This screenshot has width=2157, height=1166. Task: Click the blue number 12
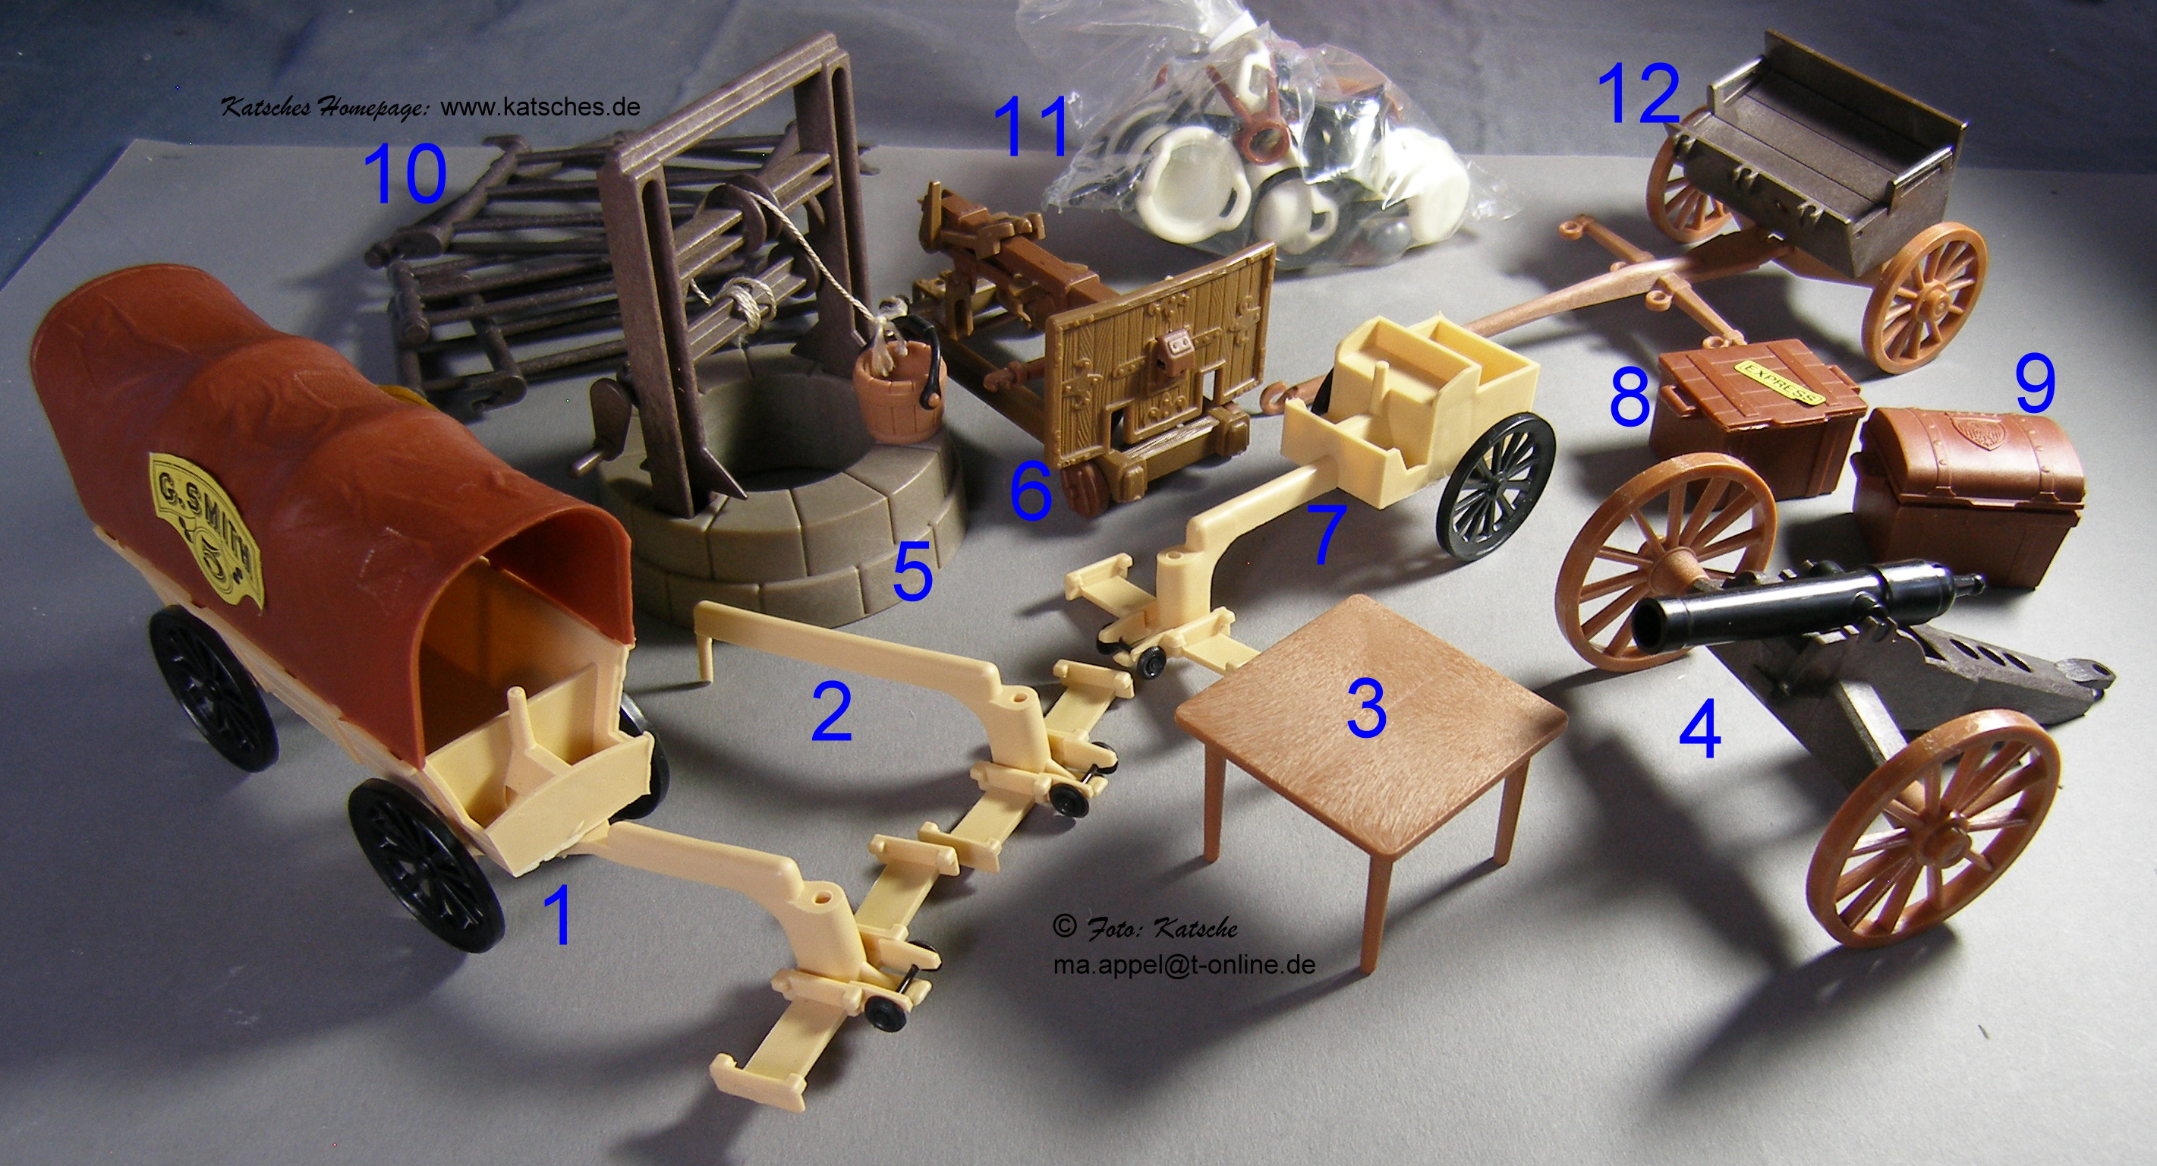pos(1639,95)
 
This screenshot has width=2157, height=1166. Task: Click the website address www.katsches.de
pos(540,107)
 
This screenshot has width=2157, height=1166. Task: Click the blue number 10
pos(405,175)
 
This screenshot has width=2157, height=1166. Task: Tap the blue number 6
pos(1031,493)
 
